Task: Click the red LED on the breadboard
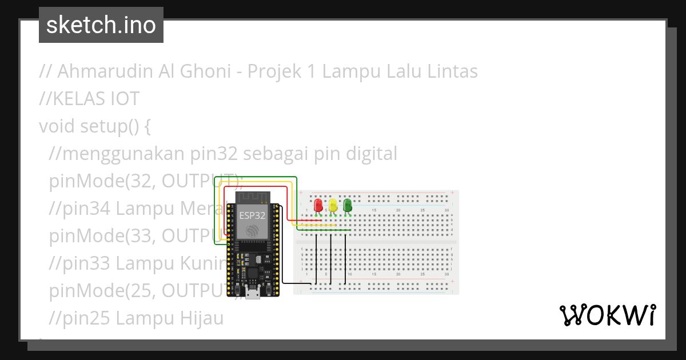pos(318,205)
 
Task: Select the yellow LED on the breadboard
pos(333,205)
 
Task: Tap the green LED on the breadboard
pos(348,205)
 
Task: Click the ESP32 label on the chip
pos(252,215)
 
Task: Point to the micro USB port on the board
pos(252,294)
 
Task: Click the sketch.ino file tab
pos(101,25)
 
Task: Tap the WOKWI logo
pos(608,315)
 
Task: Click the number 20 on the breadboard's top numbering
pos(398,211)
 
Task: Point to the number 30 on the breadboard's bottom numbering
pos(446,275)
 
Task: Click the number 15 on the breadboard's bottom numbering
pos(374,275)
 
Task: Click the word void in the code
pos(56,126)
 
